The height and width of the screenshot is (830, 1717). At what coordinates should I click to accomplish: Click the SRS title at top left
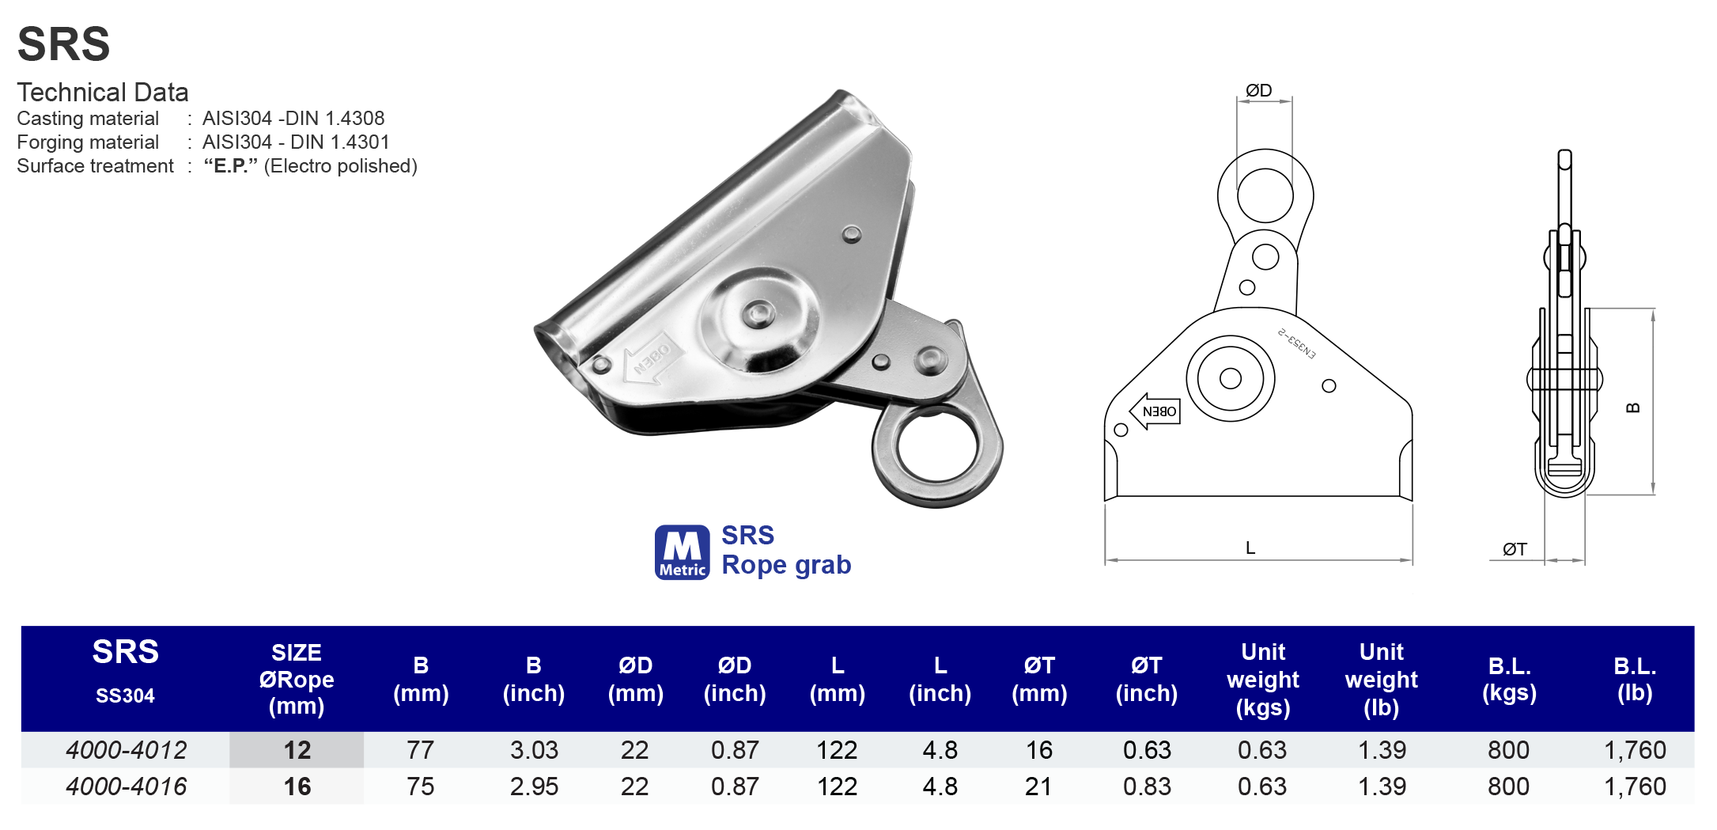(63, 44)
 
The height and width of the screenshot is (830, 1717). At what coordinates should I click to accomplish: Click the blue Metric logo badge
(682, 552)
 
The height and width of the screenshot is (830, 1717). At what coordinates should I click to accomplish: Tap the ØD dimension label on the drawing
(1259, 90)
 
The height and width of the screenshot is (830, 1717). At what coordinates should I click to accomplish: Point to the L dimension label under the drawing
(1250, 548)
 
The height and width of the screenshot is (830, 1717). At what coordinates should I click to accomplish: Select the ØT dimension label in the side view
(1515, 549)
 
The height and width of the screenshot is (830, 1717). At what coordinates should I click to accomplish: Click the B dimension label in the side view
(1633, 408)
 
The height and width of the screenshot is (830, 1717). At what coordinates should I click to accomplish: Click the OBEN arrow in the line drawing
(1155, 411)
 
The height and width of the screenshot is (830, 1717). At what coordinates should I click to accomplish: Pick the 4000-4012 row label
(127, 750)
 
